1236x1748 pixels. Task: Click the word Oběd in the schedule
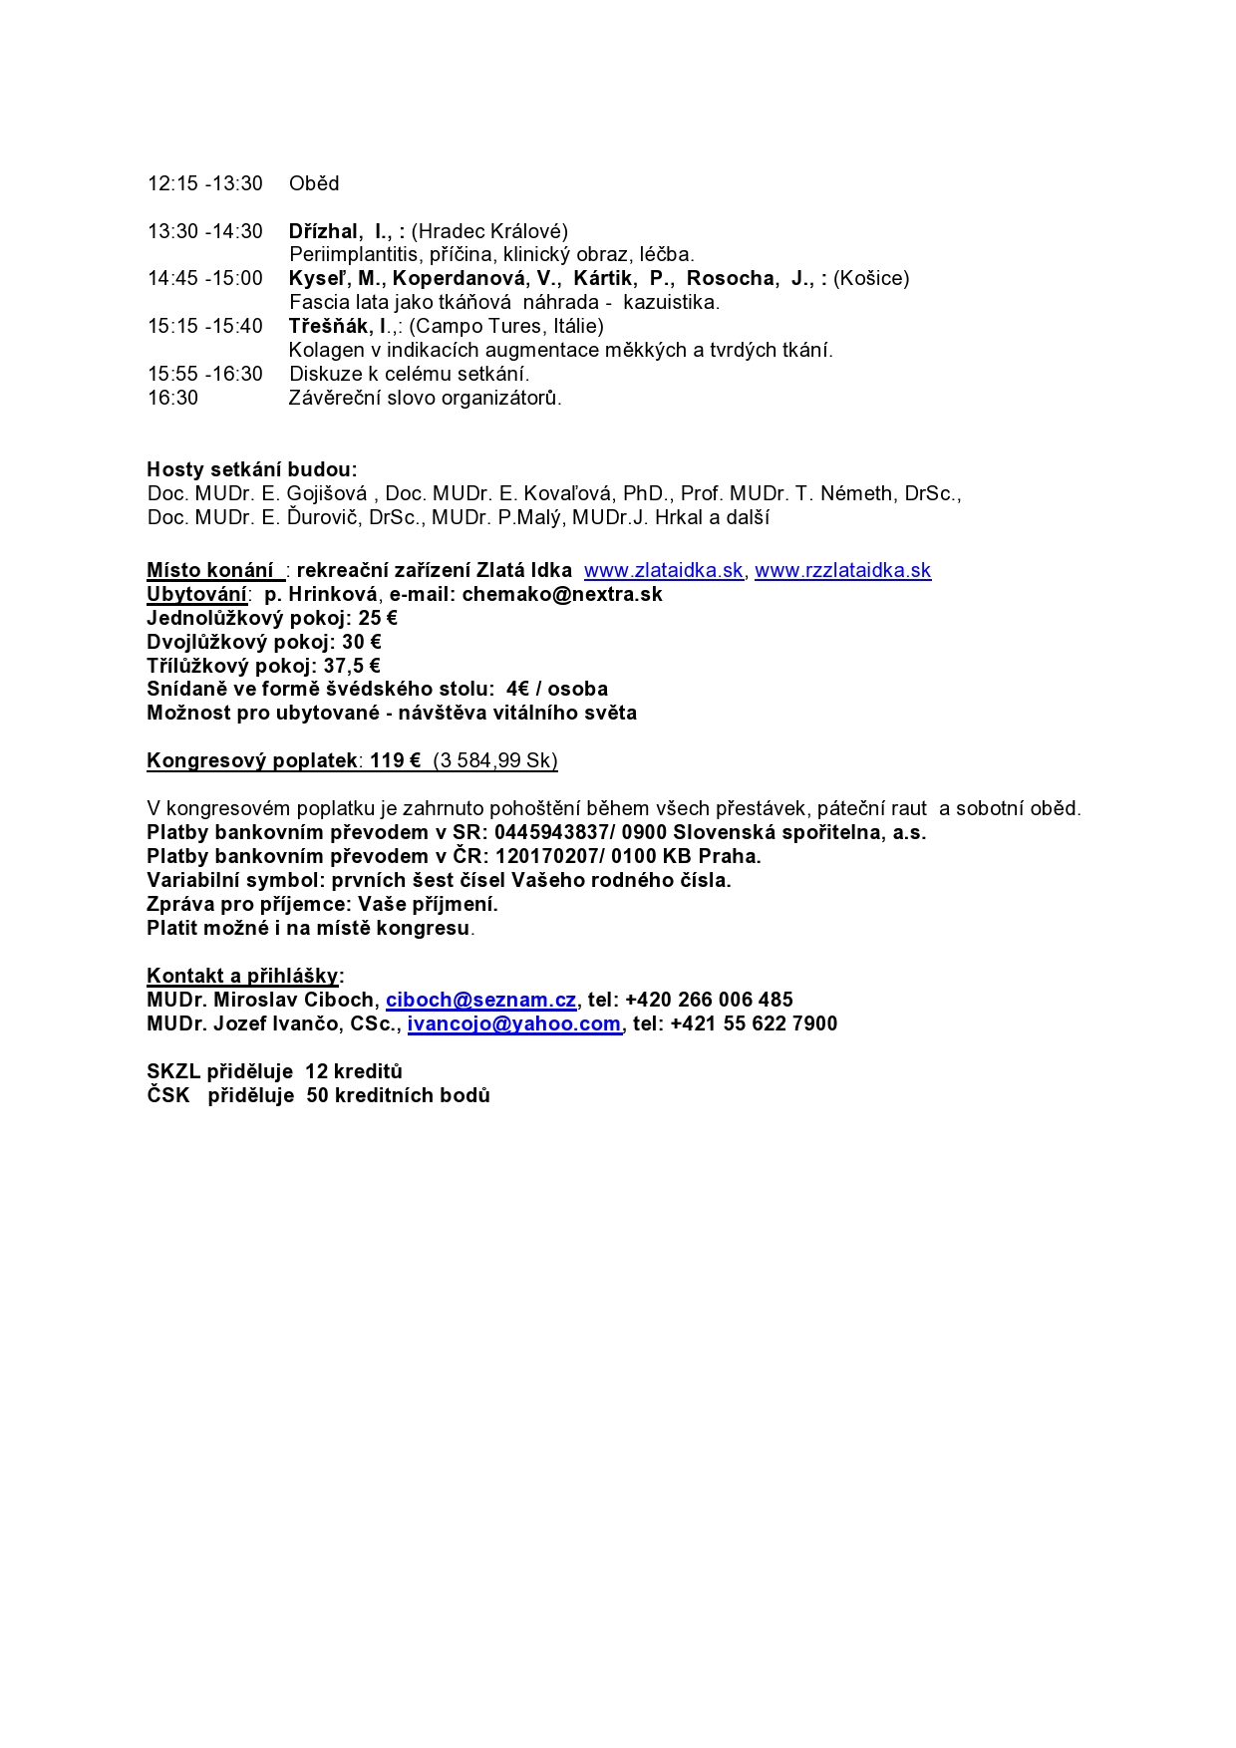[x=314, y=183]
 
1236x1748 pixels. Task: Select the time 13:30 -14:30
[x=205, y=231]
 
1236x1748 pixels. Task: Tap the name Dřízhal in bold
[x=322, y=231]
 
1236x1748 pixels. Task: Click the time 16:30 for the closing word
[x=173, y=398]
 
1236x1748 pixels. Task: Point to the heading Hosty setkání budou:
[x=252, y=469]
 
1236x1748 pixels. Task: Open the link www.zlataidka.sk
[x=664, y=570]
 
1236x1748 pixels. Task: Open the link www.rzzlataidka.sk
[x=842, y=570]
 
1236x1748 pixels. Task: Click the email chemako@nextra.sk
[x=562, y=594]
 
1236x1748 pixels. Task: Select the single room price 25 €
[x=378, y=618]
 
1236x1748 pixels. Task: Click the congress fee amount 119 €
[x=395, y=760]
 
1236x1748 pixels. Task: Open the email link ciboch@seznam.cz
[x=481, y=1000]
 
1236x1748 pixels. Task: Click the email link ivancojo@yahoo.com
[x=514, y=1023]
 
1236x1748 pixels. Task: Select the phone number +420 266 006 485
[x=709, y=1000]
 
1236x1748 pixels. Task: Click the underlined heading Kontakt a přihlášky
[x=242, y=976]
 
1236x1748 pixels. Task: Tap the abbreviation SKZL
[x=173, y=1071]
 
